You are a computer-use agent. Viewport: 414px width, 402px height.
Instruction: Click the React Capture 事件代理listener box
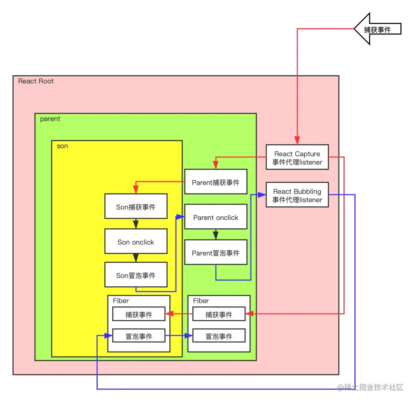(x=297, y=157)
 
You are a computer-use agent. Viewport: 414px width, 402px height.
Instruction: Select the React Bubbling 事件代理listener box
(x=297, y=195)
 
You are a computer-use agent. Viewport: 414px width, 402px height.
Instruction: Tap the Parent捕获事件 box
(x=216, y=182)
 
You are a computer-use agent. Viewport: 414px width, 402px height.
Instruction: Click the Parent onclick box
(x=216, y=218)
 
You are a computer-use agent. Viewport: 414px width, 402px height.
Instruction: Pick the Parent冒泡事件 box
(x=216, y=253)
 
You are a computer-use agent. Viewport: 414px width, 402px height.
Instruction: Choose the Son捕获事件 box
(x=136, y=206)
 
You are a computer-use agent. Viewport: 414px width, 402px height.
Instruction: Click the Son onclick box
(x=136, y=242)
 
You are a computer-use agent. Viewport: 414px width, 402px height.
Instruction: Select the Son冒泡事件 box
(x=136, y=275)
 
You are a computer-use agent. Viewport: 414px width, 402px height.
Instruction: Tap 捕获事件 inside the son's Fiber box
(x=139, y=314)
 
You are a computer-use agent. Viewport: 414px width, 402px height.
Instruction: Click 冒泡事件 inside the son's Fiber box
(x=139, y=336)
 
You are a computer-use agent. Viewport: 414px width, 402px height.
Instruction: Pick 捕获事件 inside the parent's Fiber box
(x=219, y=314)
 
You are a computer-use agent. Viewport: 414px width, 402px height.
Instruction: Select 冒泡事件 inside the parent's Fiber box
(x=219, y=336)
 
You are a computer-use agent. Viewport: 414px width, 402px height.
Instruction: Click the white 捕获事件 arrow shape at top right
(x=377, y=29)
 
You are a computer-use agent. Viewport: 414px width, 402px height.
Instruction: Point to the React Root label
(x=36, y=81)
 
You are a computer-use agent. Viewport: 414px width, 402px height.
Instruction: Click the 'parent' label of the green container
(x=50, y=119)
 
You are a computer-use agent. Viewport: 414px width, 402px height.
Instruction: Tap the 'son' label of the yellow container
(x=62, y=146)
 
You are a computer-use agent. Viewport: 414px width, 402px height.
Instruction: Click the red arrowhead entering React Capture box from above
(x=297, y=141)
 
